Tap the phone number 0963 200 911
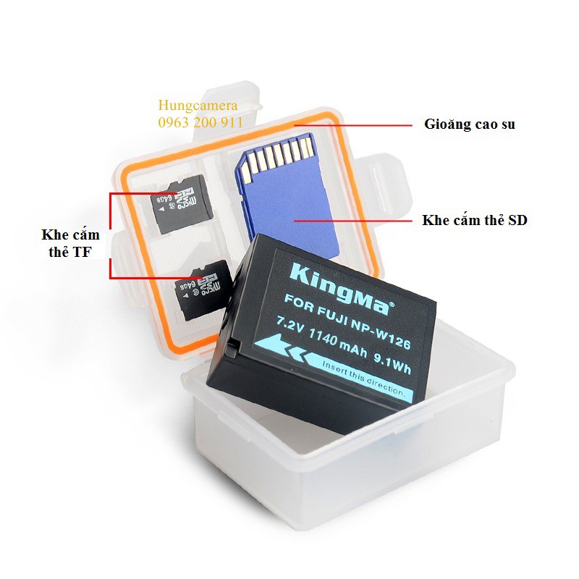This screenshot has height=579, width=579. tap(200, 122)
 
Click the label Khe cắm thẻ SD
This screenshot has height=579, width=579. tap(475, 220)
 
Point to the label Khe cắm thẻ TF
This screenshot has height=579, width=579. tap(71, 244)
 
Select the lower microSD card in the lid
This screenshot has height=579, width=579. tap(203, 289)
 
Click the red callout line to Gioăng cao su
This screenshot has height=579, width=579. tap(355, 124)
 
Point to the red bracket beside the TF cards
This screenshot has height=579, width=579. tap(110, 235)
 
